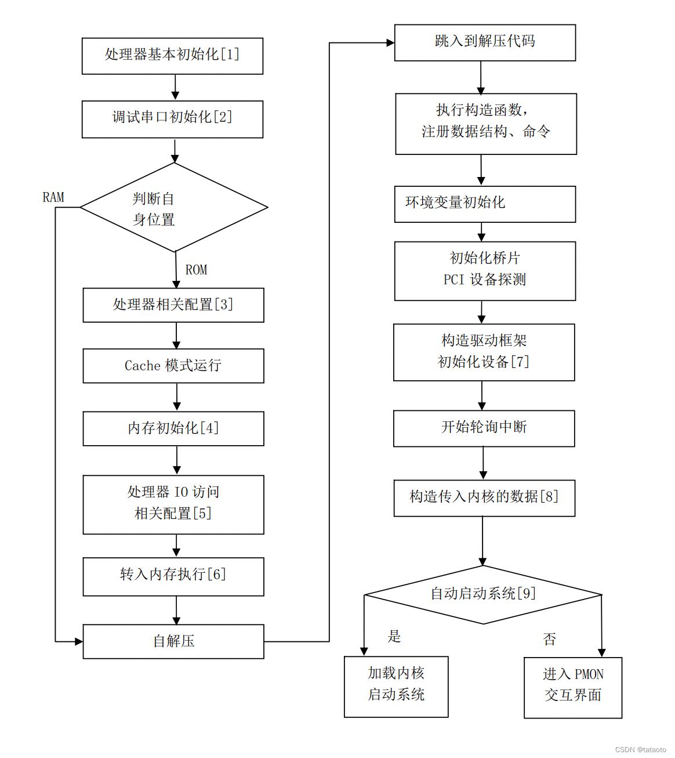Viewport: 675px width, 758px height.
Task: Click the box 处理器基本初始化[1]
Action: pos(172,56)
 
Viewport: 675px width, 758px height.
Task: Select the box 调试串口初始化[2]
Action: pos(172,119)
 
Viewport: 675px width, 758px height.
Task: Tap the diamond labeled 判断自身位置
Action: pos(173,208)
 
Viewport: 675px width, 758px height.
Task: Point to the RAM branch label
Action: pos(53,197)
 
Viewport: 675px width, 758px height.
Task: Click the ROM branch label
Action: pos(196,270)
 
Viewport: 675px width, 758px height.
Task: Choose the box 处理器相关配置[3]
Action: pos(173,305)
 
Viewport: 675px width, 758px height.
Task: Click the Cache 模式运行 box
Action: pos(173,366)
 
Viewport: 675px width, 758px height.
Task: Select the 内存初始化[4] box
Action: pos(173,428)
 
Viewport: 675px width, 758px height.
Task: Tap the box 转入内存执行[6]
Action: pos(173,576)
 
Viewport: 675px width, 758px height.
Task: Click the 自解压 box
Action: pos(173,641)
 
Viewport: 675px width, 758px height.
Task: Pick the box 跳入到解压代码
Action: pos(485,42)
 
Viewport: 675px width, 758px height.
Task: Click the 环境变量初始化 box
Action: pos(485,204)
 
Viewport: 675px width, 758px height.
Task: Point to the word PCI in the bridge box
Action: pos(454,280)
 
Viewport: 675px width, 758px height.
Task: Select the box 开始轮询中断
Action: pos(484,428)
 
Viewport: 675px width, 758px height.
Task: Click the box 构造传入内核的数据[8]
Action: pos(484,497)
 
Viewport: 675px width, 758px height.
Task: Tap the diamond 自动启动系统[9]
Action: pos(482,594)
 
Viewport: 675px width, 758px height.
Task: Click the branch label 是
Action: pos(394,636)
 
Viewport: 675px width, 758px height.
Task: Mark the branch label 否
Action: pos(549,640)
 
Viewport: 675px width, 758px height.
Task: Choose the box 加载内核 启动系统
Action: pos(396,687)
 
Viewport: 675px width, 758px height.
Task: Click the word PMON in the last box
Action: pos(589,674)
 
